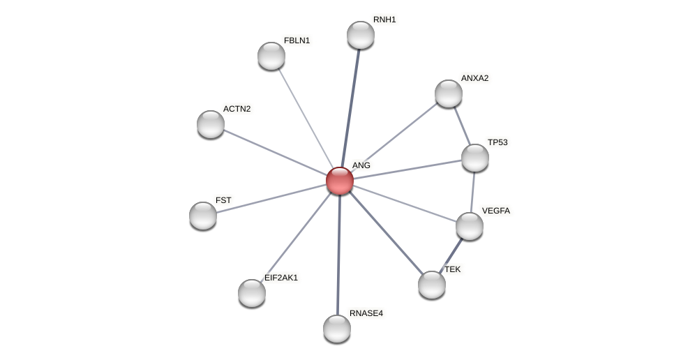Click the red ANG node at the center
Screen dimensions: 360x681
coord(340,181)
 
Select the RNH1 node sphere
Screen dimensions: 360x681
coord(361,35)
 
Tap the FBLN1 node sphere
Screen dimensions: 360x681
coord(271,56)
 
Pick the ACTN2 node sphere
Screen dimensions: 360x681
coord(211,124)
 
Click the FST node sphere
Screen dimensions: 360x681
coord(203,215)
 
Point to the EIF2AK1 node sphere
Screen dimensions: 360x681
coord(252,293)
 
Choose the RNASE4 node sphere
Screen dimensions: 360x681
coord(337,329)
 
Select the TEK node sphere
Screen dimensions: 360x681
coord(432,284)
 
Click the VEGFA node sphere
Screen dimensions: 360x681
coord(470,226)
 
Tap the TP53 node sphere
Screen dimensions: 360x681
coord(475,158)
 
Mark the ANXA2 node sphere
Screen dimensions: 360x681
coord(449,93)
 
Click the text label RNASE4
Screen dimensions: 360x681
coord(366,313)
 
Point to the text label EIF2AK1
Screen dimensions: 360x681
coord(281,278)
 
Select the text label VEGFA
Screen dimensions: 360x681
coord(496,211)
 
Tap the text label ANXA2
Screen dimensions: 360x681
coord(474,78)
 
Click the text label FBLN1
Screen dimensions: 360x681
coord(297,40)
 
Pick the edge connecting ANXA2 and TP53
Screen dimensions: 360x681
coord(462,126)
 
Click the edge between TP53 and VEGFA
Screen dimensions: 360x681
coord(472,192)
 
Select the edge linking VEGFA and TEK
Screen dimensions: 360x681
coord(451,255)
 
